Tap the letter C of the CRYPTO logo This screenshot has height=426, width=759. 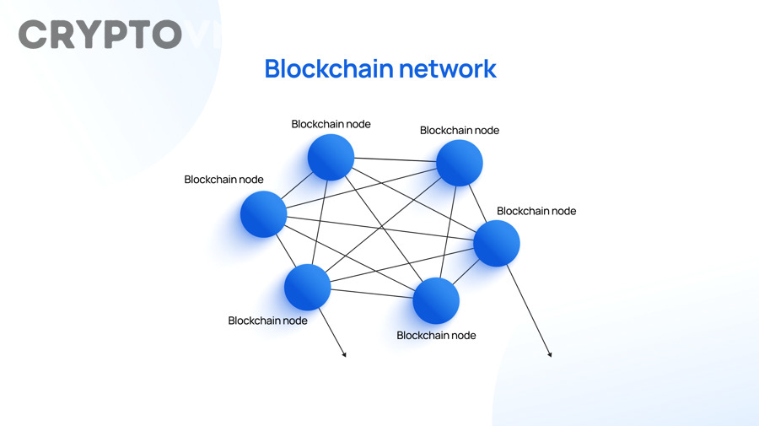35,35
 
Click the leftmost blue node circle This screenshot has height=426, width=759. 263,214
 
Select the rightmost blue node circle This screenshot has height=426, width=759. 497,243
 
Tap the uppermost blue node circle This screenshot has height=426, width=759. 331,157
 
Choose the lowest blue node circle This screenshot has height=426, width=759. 436,301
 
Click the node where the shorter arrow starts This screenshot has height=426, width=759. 308,287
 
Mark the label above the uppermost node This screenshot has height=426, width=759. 331,124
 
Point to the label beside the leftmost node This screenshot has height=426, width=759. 223,180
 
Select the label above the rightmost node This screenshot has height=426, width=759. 536,211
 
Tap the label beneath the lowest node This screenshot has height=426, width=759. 436,335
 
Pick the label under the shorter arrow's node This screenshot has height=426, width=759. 267,321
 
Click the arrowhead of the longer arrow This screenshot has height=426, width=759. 550,355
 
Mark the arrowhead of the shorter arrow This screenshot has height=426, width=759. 344,355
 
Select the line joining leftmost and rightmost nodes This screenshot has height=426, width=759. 379,229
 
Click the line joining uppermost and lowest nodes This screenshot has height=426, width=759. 384,229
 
